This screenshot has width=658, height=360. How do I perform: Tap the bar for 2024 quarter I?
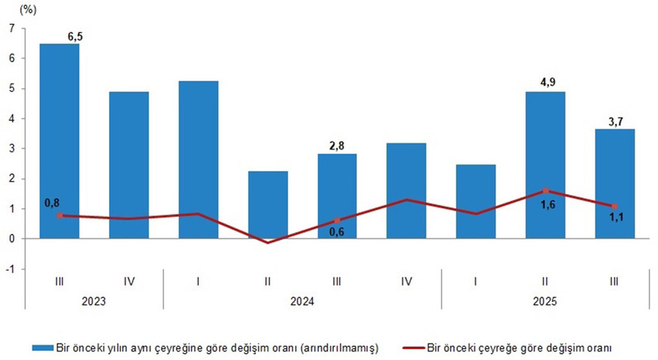198,159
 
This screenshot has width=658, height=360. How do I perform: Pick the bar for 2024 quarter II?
268,204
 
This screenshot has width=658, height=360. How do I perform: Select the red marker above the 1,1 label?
615,207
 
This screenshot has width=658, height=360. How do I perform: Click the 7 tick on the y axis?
12,29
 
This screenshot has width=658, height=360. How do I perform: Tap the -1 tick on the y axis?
10,269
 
